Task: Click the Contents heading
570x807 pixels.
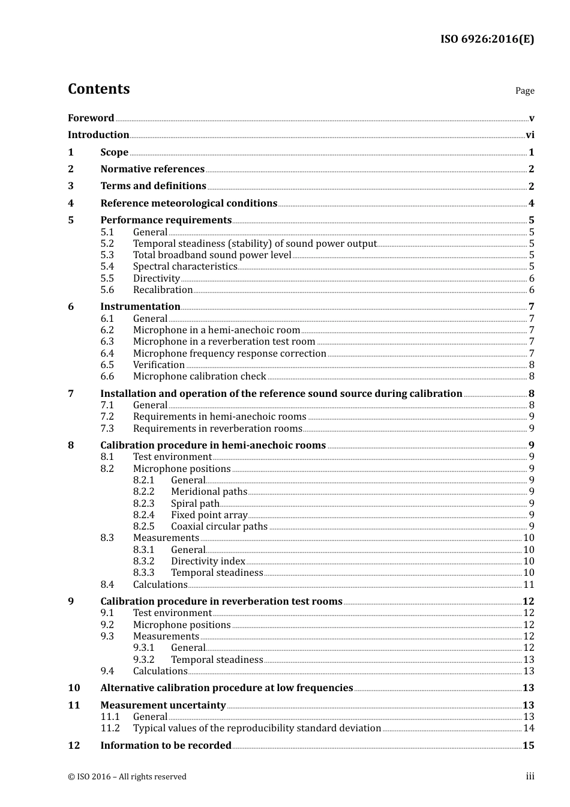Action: pos(98,89)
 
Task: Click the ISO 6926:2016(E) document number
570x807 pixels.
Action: pos(487,39)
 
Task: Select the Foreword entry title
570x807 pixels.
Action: pos(91,118)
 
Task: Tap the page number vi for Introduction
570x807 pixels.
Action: pos(530,135)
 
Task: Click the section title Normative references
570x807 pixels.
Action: pos(152,169)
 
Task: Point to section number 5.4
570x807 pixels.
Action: pos(107,267)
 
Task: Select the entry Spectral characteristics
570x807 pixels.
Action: pos(185,267)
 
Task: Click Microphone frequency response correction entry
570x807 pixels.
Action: pos(229,354)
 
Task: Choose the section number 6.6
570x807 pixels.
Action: pos(107,376)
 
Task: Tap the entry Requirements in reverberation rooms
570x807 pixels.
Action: pos(217,429)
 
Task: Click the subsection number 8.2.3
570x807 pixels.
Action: pos(143,504)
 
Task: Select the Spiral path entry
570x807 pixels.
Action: pos(195,504)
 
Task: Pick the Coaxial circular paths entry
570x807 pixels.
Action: pos(219,527)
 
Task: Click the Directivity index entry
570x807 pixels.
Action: pos(208,561)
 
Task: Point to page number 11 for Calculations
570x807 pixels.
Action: pos(529,585)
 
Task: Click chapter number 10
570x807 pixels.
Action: pos(74,688)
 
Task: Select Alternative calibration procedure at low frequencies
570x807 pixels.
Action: pos(226,688)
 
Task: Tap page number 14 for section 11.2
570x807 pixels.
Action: pos(529,728)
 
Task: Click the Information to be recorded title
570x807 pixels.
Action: pos(166,746)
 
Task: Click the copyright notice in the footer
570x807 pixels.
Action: pos(127,777)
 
